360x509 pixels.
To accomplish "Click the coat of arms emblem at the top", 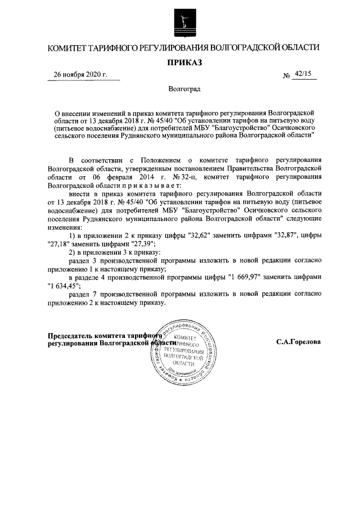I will pos(182,22).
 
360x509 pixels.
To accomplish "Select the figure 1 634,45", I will pos(65,286).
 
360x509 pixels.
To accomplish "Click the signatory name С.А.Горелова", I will pos(299,342).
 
